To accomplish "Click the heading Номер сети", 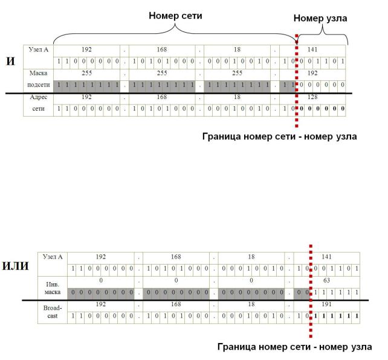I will coord(175,16).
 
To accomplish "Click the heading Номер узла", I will coord(320,19).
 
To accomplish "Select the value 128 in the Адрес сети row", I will coord(312,97).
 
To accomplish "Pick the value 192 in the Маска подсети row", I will coord(312,73).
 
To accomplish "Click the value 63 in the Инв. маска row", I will coord(327,280).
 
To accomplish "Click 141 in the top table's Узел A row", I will coord(312,49).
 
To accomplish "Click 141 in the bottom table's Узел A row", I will coord(327,256).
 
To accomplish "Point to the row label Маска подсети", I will coord(39,79).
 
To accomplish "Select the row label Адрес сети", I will coord(39,102).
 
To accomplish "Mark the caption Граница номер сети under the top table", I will coord(279,137).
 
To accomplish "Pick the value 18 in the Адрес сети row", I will coord(238,97).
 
